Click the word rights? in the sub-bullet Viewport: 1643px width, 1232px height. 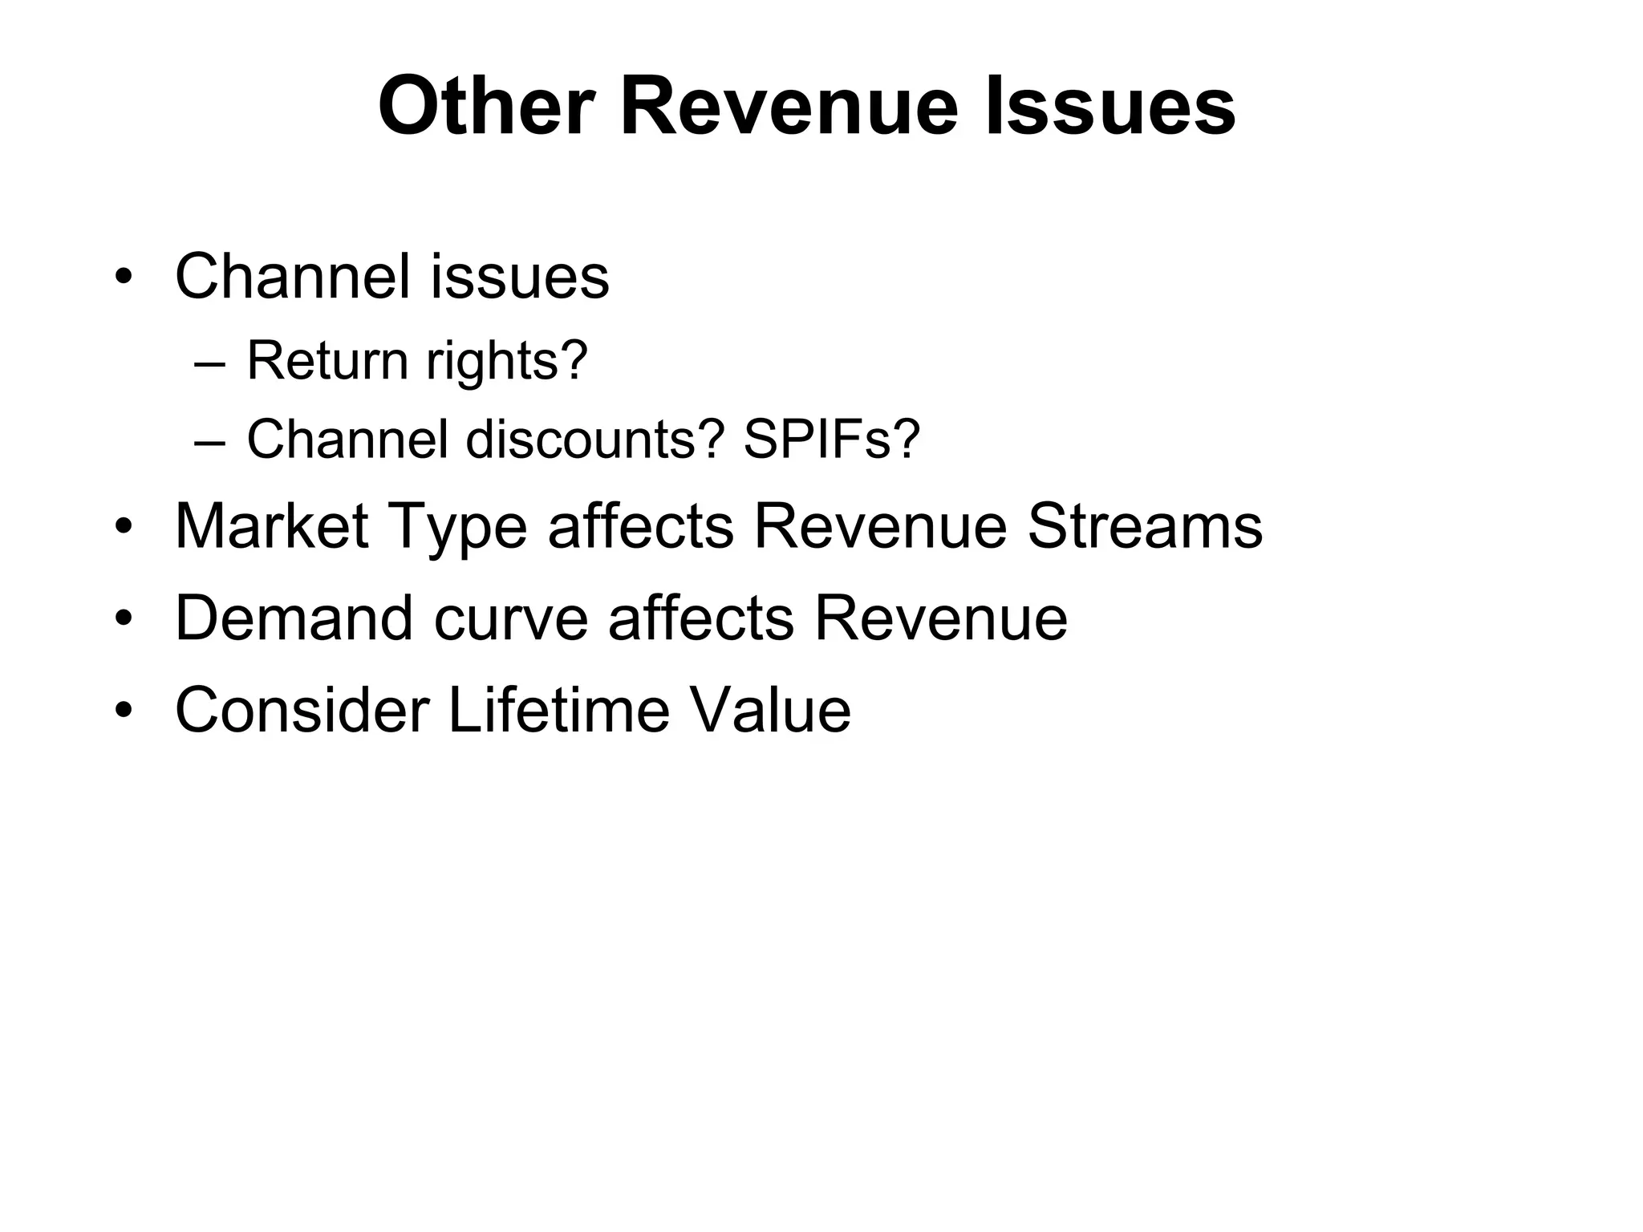point(507,362)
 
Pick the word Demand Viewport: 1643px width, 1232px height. point(294,618)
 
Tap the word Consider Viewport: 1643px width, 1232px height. point(302,710)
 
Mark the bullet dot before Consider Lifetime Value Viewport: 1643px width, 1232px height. point(122,711)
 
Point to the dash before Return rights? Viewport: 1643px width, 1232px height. point(209,363)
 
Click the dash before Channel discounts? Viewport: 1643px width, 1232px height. point(209,441)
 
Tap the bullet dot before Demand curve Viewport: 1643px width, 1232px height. point(122,620)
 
